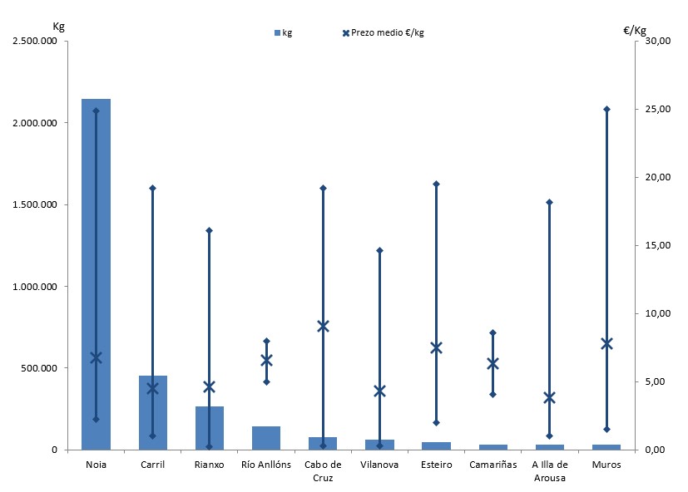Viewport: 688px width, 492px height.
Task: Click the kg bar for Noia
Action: (x=96, y=274)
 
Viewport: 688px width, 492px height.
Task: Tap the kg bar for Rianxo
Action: (x=209, y=428)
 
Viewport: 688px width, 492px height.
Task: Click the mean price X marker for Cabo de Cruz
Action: (x=323, y=326)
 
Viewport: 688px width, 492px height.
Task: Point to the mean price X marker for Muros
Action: (x=606, y=343)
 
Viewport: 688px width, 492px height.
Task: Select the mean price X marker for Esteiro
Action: (x=436, y=347)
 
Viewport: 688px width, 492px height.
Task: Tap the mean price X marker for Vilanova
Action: (x=379, y=391)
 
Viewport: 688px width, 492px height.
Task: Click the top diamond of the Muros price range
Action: (x=606, y=109)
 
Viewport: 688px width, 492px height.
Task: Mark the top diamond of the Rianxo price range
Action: (x=209, y=230)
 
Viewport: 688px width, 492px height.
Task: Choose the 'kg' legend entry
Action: (x=283, y=32)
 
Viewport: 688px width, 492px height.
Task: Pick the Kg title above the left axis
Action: (x=58, y=26)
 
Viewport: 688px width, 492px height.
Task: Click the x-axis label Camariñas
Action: (x=492, y=465)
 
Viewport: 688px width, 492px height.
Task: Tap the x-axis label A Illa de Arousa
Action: (x=549, y=471)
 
